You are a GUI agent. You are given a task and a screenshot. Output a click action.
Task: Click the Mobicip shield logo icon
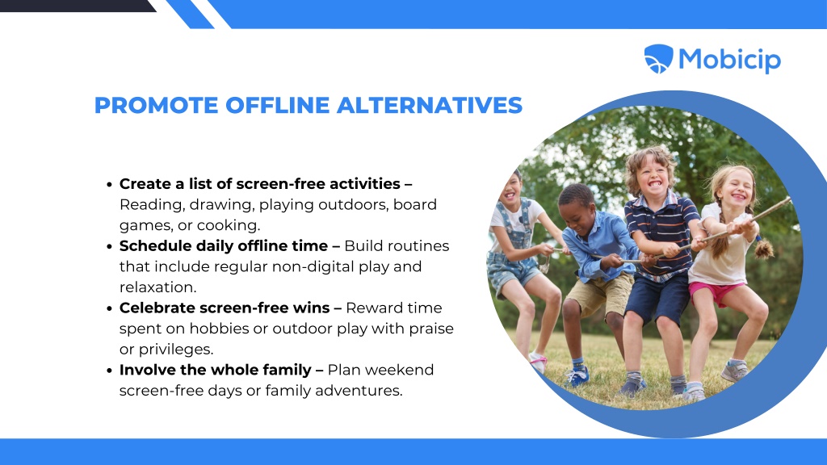click(658, 58)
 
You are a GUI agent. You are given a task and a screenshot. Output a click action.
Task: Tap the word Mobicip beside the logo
click(729, 60)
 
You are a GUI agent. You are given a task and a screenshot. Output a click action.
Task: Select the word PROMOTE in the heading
click(156, 105)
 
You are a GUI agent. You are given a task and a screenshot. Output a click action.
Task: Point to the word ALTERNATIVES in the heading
click(430, 105)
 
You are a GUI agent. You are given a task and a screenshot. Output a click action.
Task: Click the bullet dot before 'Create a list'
click(109, 185)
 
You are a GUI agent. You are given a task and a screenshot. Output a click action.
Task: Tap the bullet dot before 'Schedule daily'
click(109, 247)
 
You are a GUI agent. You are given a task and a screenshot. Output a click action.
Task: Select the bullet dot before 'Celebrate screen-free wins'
click(109, 308)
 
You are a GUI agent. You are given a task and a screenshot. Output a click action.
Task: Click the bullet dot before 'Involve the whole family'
click(109, 371)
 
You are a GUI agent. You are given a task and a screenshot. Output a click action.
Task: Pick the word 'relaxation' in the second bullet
click(156, 287)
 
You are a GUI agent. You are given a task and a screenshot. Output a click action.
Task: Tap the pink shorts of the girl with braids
click(716, 292)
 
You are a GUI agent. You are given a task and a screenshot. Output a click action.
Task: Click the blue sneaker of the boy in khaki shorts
click(577, 376)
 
